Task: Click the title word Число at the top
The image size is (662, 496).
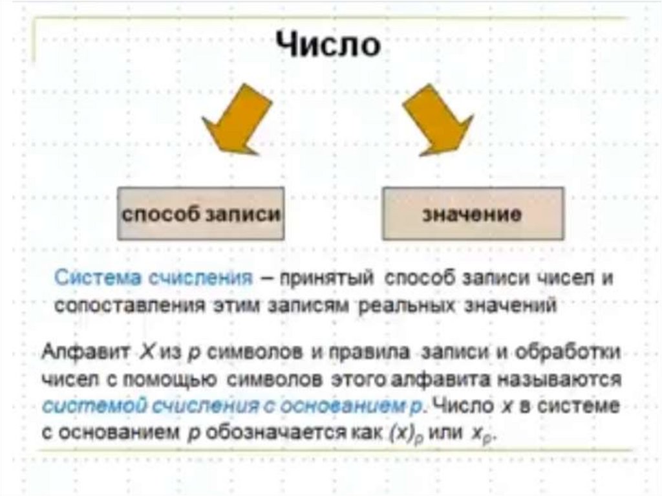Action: tap(328, 45)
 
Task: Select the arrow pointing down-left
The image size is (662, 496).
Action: tap(234, 119)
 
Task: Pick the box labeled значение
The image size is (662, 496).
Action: tap(473, 214)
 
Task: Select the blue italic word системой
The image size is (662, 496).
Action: tap(85, 406)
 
